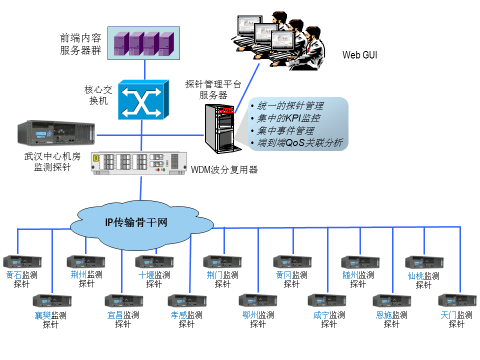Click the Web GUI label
click(362, 56)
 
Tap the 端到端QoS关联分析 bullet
click(300, 143)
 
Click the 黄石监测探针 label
click(21, 279)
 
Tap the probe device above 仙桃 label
click(423, 261)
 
